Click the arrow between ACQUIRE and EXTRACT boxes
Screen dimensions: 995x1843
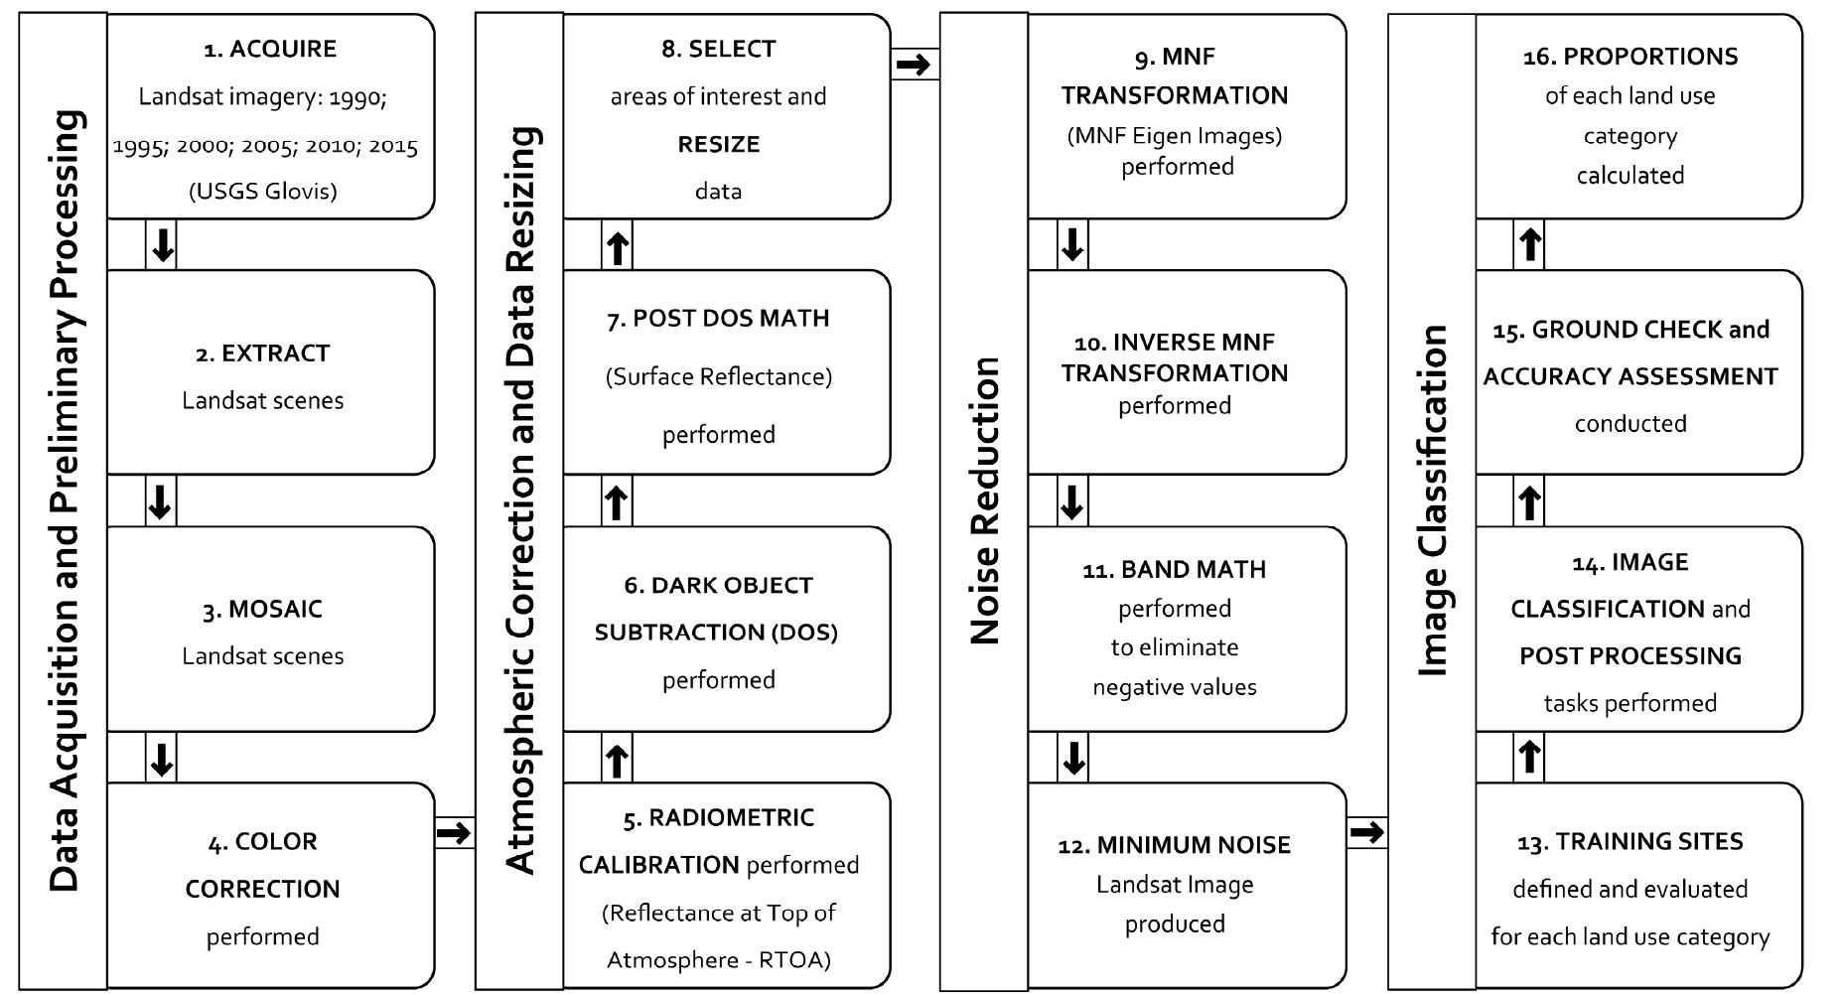162,244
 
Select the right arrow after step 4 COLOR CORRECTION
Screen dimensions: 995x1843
454,832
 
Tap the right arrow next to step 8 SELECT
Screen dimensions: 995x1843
914,65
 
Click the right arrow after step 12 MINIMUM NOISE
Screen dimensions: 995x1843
1367,832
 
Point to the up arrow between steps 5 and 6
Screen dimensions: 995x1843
617,760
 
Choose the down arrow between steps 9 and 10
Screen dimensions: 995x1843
1072,244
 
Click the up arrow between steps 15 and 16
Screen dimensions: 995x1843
1530,244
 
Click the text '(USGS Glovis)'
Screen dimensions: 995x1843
263,191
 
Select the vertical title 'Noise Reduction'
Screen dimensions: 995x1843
984,501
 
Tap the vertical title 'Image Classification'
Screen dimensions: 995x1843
1432,501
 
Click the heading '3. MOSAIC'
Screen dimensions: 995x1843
263,609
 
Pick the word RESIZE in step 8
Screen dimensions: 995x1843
719,144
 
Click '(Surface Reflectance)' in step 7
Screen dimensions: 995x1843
719,377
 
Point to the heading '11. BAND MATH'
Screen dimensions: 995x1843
1175,570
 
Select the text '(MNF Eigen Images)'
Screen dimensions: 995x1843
1175,135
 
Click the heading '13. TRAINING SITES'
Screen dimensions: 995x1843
1630,842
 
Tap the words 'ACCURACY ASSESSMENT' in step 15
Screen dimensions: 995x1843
1630,376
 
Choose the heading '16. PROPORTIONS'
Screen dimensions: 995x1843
1630,57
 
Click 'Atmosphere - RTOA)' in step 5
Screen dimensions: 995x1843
719,960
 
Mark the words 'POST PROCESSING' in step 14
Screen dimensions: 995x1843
1630,656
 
